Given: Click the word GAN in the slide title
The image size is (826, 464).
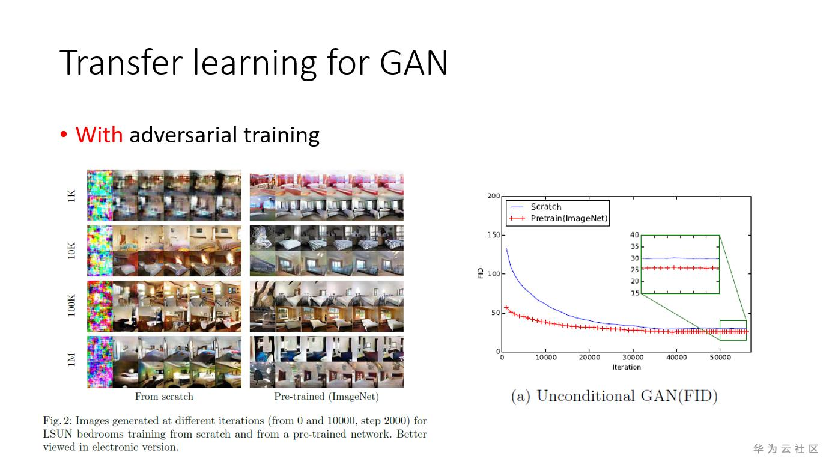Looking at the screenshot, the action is (x=414, y=63).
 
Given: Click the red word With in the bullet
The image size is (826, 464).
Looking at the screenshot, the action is (x=99, y=135).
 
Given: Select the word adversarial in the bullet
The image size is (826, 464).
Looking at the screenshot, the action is (x=183, y=135).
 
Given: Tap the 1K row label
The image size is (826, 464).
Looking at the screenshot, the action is (x=71, y=195).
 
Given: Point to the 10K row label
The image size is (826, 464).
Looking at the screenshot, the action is (x=71, y=251).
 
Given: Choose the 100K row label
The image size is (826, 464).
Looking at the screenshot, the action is (x=71, y=306).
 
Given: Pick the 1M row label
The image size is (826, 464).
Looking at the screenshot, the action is (x=71, y=360).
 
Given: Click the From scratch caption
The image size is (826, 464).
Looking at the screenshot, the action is (x=164, y=397).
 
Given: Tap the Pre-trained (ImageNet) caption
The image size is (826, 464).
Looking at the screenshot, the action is (x=326, y=397).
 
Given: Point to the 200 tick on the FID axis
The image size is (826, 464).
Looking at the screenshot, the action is (x=494, y=196).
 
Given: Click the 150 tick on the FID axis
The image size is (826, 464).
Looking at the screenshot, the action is (x=494, y=235).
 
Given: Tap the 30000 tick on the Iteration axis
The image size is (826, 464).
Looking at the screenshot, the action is (x=633, y=358).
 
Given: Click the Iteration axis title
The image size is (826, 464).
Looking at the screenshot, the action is (x=627, y=367).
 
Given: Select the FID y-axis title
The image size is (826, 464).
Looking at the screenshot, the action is (x=481, y=273).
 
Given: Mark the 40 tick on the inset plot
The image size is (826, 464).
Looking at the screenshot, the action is (x=634, y=235).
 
